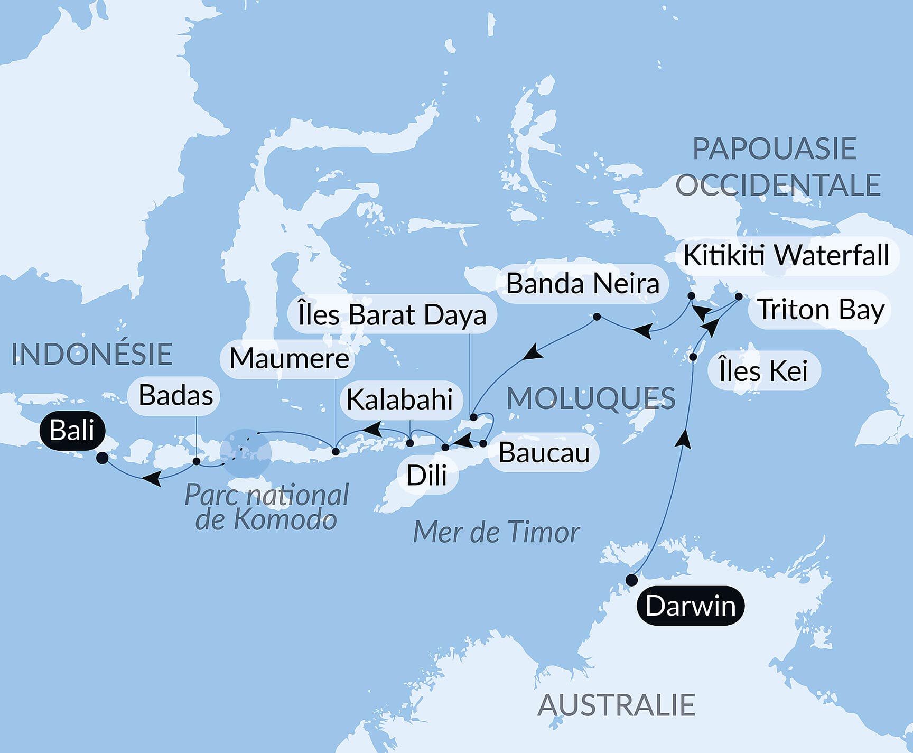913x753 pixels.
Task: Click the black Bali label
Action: (72, 431)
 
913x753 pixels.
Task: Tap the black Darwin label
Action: (690, 606)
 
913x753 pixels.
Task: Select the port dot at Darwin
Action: (631, 580)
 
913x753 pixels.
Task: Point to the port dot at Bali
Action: (103, 458)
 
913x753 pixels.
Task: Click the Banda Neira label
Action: (582, 284)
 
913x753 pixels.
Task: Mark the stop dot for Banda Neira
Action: (597, 317)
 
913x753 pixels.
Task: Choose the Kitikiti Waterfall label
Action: (786, 256)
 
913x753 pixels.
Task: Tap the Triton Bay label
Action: (821, 310)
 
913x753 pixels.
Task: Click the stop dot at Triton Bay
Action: (739, 296)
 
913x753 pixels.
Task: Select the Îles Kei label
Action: (763, 370)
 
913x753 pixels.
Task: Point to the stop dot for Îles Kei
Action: (693, 357)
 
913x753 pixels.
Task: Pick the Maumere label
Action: (289, 359)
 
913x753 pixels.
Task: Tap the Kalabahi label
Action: (399, 399)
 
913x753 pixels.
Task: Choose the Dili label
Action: (426, 476)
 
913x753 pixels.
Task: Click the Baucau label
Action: (544, 453)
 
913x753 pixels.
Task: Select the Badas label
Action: (175, 395)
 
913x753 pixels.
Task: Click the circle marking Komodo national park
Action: (246, 453)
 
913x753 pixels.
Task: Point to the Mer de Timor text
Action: (496, 532)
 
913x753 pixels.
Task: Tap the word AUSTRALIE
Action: (616, 705)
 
